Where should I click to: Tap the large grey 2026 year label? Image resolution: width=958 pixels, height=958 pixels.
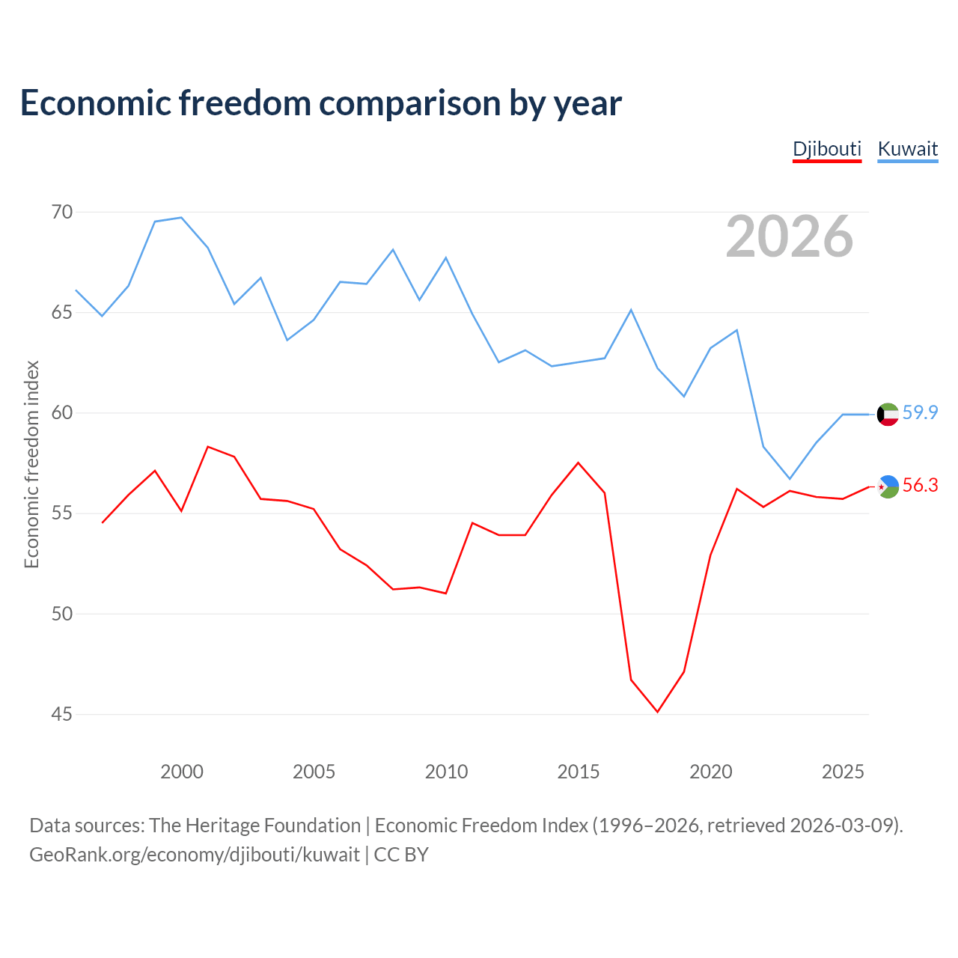pos(790,237)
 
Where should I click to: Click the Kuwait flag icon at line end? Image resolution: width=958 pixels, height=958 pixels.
pos(888,414)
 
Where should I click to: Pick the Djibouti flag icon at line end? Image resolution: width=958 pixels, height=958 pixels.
pos(888,486)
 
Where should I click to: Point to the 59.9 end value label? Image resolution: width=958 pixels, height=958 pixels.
pos(920,412)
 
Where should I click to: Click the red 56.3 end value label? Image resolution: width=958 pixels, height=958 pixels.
pos(920,485)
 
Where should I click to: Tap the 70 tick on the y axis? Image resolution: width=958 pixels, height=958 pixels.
pos(62,213)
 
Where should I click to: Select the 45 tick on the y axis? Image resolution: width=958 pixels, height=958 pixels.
pos(62,715)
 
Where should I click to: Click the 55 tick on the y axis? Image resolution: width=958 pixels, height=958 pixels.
pos(62,513)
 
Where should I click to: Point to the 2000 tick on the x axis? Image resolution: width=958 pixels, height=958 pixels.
pos(181,772)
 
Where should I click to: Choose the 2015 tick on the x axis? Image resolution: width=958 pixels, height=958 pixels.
pos(579,772)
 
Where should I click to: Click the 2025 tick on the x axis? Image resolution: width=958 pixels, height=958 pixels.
pos(843,772)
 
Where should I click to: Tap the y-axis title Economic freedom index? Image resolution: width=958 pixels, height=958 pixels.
pos(32,464)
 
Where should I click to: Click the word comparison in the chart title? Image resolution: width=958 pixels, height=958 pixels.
pos(409,104)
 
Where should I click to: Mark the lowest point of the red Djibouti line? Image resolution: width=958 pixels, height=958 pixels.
pos(657,712)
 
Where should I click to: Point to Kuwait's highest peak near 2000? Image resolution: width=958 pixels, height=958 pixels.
pos(181,217)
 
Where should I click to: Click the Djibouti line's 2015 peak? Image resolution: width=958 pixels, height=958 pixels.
pos(579,463)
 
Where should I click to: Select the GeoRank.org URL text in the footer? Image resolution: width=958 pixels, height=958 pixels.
pos(195,855)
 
